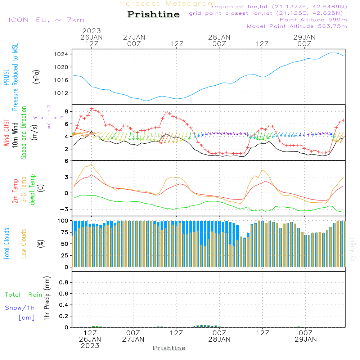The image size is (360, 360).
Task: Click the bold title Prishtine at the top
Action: tap(153, 14)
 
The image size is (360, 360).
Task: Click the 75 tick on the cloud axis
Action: tap(64, 232)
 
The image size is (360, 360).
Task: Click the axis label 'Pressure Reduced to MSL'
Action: tap(15, 77)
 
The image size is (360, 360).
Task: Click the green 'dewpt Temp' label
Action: tap(32, 189)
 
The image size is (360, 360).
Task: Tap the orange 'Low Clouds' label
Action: tap(24, 244)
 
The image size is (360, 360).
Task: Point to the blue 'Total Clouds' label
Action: tap(6, 244)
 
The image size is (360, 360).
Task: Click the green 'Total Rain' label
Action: tap(23, 295)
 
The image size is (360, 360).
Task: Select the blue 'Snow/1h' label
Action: tap(20, 308)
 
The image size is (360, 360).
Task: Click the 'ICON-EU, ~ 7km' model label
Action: tap(46, 20)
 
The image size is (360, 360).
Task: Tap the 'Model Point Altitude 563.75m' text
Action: tap(297, 26)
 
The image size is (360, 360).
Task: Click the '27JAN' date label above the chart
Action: tap(134, 37)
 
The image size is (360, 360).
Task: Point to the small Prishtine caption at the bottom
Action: tap(169, 348)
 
